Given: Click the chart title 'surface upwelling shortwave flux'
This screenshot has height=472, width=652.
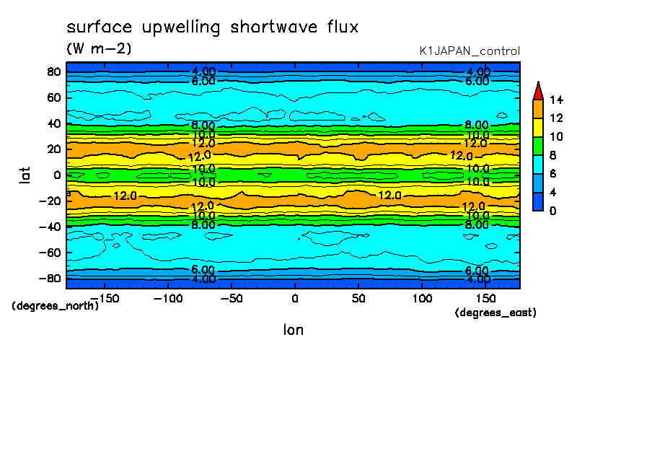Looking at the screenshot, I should [x=212, y=27].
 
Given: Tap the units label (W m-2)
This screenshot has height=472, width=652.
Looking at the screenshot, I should [x=99, y=49].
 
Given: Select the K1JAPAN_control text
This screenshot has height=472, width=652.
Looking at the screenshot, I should [x=470, y=51].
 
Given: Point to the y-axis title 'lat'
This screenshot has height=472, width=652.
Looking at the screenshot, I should [x=25, y=173].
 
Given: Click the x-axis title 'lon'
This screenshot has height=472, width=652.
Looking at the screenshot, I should [x=293, y=330].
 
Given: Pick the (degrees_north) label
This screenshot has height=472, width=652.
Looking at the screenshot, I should [x=56, y=305].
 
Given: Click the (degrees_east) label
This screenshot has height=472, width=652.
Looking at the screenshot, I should [x=495, y=313].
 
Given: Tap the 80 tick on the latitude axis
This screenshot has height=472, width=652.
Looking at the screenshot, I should [x=53, y=71].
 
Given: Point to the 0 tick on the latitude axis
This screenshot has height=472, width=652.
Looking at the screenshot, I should [x=56, y=175].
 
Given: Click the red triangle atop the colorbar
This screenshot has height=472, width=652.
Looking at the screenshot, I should [x=537, y=90].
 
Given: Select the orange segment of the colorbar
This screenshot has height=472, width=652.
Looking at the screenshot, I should [x=537, y=108].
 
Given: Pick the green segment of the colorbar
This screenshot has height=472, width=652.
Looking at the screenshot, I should [x=537, y=145].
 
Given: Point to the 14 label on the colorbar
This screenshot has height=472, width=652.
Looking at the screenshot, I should [x=557, y=100].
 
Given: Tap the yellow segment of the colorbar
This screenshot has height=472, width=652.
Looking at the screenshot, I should [x=537, y=127].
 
